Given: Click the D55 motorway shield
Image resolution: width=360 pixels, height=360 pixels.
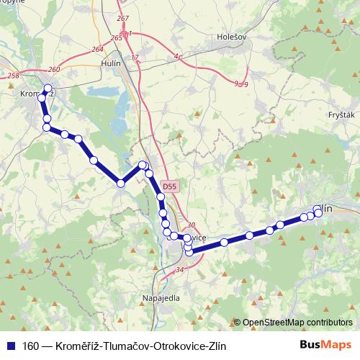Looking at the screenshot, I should (168, 186).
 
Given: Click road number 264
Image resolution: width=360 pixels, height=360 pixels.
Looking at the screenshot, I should (97, 49).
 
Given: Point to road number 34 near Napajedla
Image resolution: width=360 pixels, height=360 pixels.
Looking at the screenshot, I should (179, 270).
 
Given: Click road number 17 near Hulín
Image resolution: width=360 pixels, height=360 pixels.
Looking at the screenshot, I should (134, 57).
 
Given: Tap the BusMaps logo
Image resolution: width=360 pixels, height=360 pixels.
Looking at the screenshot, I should (327, 345).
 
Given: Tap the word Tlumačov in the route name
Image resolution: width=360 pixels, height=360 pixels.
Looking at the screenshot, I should (123, 346).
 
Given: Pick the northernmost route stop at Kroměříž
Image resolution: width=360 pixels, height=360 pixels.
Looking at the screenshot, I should (48, 89).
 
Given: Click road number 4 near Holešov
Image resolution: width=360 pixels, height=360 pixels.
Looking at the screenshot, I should (176, 55).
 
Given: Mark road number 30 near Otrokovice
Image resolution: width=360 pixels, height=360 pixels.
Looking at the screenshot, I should (191, 225).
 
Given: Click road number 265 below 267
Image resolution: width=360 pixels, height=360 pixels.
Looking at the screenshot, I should (117, 37).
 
